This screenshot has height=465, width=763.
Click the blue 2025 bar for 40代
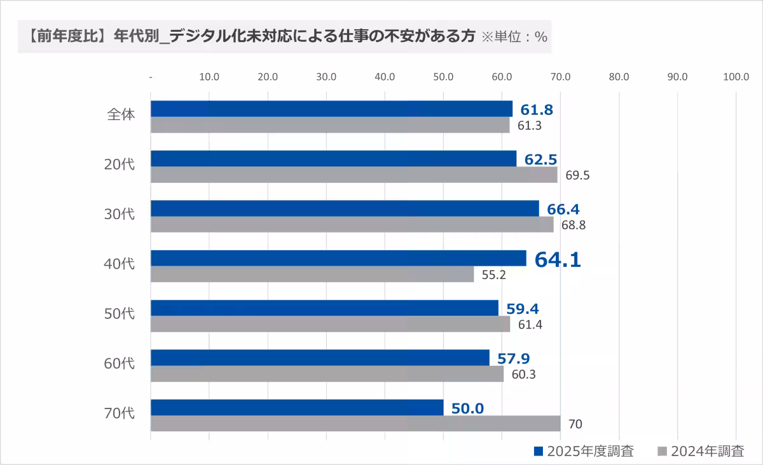pyautogui.click(x=338, y=258)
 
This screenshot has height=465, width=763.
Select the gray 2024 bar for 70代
pyautogui.click(x=355, y=424)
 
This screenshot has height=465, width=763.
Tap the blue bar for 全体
pyautogui.click(x=331, y=109)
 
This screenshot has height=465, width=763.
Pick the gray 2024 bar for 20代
pyautogui.click(x=354, y=175)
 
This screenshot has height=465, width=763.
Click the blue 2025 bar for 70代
pyautogui.click(x=297, y=407)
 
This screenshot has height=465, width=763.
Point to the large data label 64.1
pyautogui.click(x=558, y=260)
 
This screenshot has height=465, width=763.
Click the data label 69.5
pyautogui.click(x=577, y=175)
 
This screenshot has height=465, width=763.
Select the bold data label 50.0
pyautogui.click(x=467, y=408)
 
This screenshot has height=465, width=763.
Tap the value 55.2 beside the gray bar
pyautogui.click(x=494, y=275)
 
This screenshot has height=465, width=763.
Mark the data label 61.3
pyautogui.click(x=529, y=126)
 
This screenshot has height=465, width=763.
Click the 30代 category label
pyautogui.click(x=120, y=214)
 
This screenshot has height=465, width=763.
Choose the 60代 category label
pyautogui.click(x=120, y=363)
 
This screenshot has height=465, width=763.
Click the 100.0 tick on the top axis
pyautogui.click(x=736, y=77)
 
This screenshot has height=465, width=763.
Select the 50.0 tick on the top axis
pyautogui.click(x=443, y=77)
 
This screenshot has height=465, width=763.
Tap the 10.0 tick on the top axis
pyautogui.click(x=209, y=77)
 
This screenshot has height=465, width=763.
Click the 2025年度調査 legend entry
pyautogui.click(x=583, y=452)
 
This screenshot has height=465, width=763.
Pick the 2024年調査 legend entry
pyautogui.click(x=700, y=452)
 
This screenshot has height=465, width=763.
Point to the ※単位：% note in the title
pyautogui.click(x=514, y=37)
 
